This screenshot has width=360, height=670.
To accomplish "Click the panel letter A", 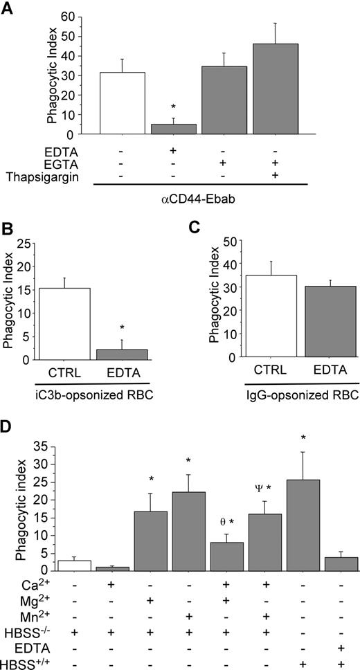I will click(x=8, y=8).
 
